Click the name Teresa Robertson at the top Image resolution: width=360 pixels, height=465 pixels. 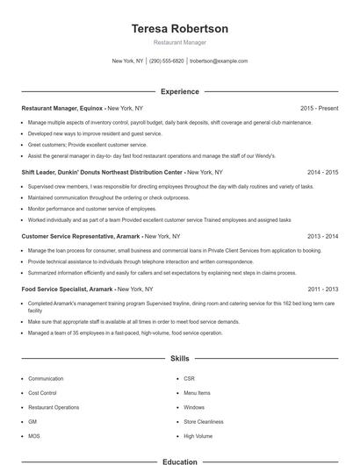tap(179, 29)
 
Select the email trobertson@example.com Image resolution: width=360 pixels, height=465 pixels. tap(219, 61)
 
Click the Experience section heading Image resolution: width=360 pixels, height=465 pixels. tap(179, 91)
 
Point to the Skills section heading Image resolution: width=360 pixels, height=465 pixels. tap(179, 359)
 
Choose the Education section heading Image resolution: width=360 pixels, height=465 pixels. tap(179, 461)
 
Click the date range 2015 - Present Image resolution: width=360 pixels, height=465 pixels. tap(319, 108)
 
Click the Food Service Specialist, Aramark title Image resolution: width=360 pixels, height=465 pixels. tap(67, 289)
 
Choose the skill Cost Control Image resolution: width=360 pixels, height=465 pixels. tap(43, 393)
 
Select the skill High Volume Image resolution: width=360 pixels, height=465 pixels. tap(198, 435)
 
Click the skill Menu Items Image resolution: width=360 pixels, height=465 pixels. tap(197, 393)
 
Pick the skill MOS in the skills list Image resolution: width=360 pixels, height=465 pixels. tap(34, 435)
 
